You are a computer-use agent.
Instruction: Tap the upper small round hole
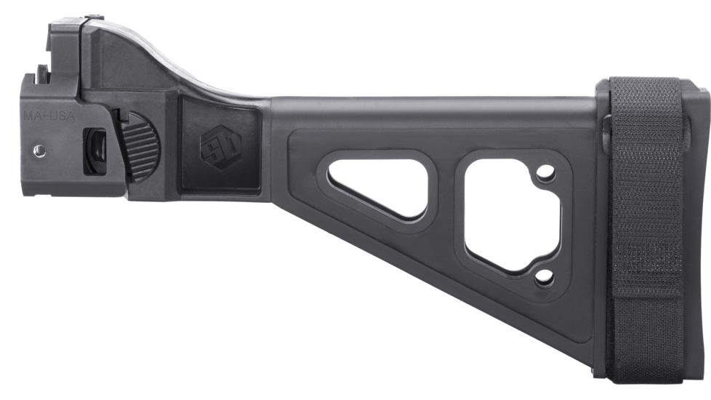click(x=545, y=173)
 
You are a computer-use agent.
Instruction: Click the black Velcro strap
click(x=646, y=218)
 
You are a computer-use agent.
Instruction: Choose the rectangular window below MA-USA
click(x=95, y=151)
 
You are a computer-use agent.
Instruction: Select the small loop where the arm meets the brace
click(x=606, y=131)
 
